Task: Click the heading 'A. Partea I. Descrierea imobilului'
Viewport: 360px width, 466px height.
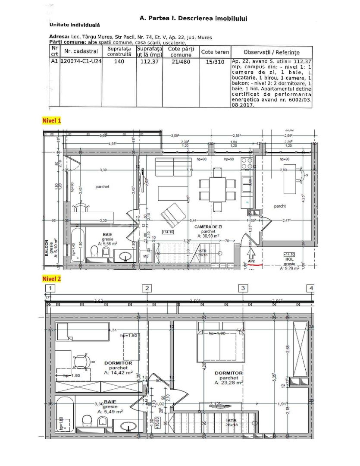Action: [x=193, y=19]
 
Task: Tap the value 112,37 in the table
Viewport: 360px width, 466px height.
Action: [x=147, y=62]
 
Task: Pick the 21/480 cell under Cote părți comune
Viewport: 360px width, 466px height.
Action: [x=180, y=62]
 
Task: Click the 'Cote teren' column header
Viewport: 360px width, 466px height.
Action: [x=215, y=52]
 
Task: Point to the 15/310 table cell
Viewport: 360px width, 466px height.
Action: [x=215, y=62]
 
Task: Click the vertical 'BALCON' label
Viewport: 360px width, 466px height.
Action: [x=46, y=249]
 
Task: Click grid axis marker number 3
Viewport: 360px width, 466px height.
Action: [x=243, y=288]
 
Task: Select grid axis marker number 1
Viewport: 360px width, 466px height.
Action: [x=51, y=288]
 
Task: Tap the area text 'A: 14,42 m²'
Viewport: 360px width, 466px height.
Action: [x=118, y=372]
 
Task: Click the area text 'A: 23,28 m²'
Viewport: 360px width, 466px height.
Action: [x=229, y=382]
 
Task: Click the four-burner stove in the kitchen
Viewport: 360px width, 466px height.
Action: [x=248, y=164]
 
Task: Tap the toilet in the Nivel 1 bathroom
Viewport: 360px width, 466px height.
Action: [x=94, y=252]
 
